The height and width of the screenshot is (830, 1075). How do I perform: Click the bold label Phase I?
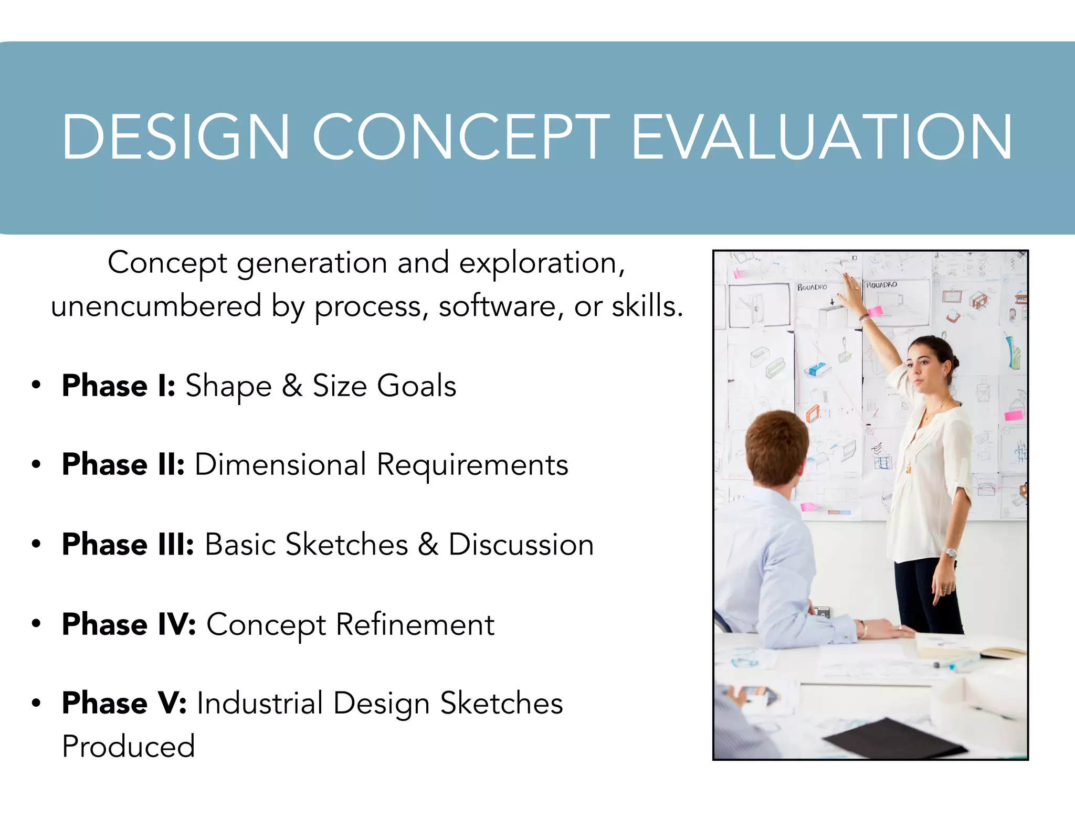click(x=119, y=386)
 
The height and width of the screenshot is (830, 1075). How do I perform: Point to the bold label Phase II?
click(x=123, y=464)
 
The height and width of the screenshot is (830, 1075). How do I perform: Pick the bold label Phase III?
click(x=128, y=544)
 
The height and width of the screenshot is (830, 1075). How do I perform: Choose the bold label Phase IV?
click(x=129, y=624)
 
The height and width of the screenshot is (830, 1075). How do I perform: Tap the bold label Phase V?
click(x=124, y=703)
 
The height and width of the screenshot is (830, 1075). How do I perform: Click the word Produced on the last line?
click(x=129, y=746)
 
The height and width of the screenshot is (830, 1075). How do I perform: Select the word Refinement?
click(x=415, y=624)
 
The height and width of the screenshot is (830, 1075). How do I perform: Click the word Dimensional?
click(x=280, y=465)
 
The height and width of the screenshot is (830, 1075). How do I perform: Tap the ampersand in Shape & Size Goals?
click(x=292, y=386)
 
